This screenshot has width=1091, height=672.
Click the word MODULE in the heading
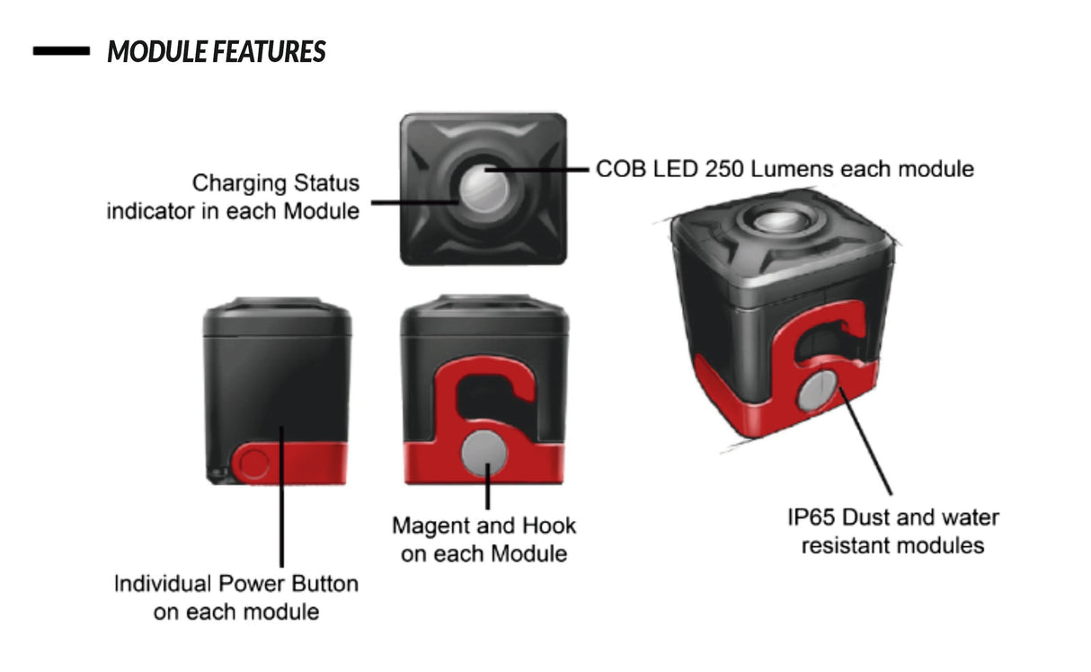pyautogui.click(x=157, y=51)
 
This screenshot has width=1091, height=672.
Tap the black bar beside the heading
pyautogui.click(x=61, y=50)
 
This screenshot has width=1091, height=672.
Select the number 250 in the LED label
pyautogui.click(x=724, y=169)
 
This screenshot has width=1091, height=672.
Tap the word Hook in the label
pyautogui.click(x=549, y=526)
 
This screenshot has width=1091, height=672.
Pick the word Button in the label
pyautogui.click(x=324, y=583)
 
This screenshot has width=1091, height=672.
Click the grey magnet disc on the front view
pyautogui.click(x=484, y=453)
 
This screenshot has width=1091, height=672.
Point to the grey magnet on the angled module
pyautogui.click(x=818, y=391)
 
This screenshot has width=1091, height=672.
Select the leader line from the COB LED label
pyautogui.click(x=537, y=170)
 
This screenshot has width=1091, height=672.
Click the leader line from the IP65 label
pyautogui.click(x=865, y=441)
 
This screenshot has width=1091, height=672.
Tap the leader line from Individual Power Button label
pyautogui.click(x=281, y=497)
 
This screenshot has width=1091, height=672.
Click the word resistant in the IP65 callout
pyautogui.click(x=848, y=545)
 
